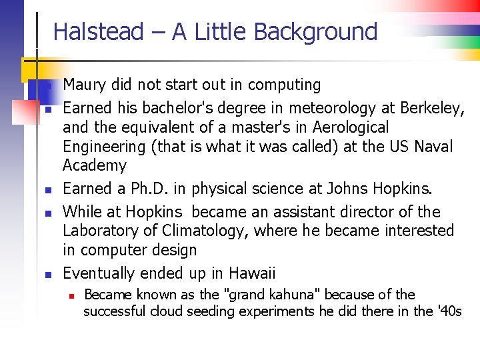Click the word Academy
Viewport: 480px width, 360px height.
pos(94,165)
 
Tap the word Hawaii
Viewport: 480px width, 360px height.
pos(252,273)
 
